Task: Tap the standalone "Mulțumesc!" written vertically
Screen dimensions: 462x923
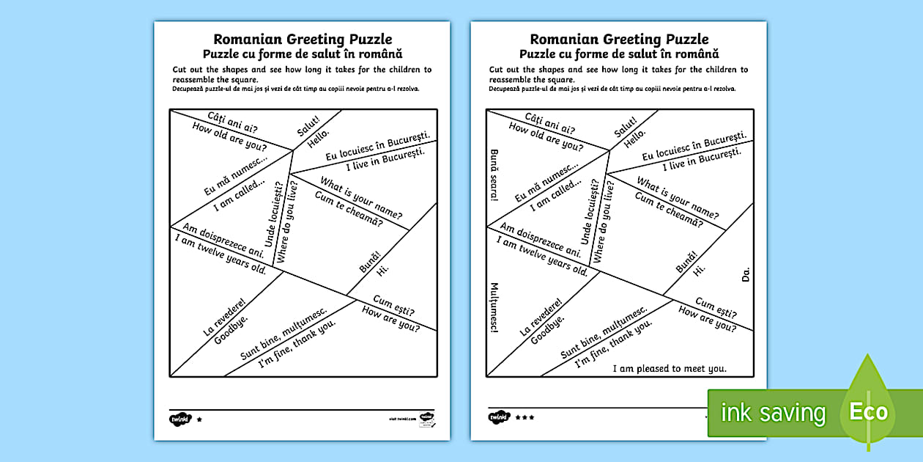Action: [x=494, y=307]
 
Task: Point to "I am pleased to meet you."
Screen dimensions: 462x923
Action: [x=670, y=368]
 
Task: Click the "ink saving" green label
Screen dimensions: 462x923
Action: [x=772, y=414]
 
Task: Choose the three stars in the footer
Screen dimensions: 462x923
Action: [x=524, y=417]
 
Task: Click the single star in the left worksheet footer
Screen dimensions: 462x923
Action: [x=199, y=418]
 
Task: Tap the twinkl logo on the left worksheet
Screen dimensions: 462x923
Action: [x=179, y=418]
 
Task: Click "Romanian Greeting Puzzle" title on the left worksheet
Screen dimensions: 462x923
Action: [x=302, y=40]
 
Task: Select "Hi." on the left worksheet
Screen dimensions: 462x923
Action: [x=382, y=270]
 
